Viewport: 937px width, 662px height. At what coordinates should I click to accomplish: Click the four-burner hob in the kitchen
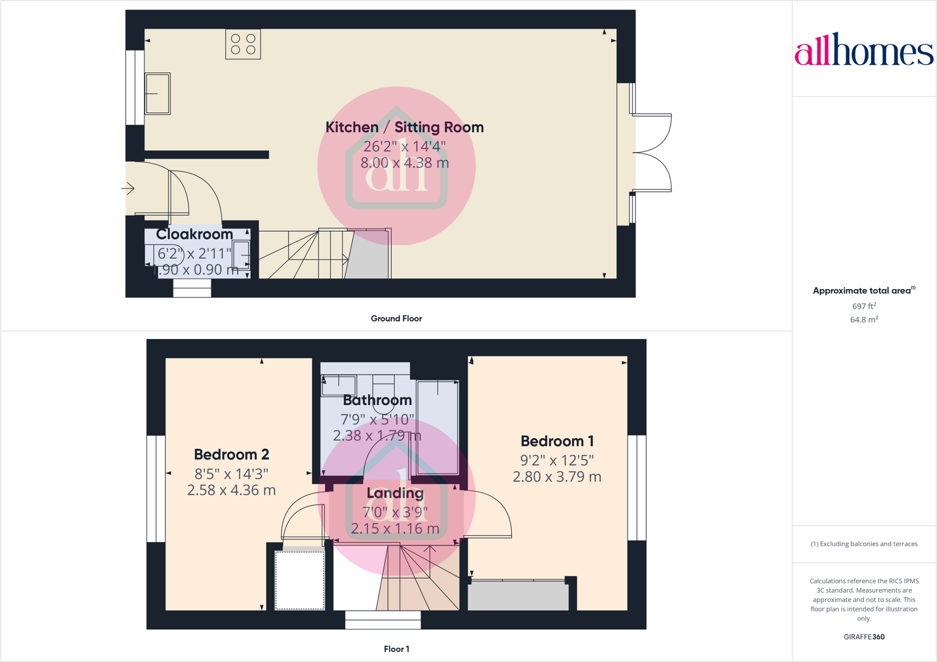(x=243, y=44)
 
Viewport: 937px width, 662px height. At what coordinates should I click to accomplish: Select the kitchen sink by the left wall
(x=158, y=93)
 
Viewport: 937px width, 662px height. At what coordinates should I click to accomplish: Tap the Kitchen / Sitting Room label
(x=405, y=127)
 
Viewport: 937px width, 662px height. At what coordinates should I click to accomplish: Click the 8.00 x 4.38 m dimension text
(x=405, y=163)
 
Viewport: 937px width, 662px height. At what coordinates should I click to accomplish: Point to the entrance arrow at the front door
(x=128, y=188)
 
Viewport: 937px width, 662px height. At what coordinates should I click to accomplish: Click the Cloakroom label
(x=195, y=235)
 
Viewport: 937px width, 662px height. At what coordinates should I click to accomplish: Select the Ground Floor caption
(x=396, y=319)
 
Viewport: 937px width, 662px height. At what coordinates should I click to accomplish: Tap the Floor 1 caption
(x=396, y=649)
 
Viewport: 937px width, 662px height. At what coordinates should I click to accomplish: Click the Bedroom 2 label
(x=232, y=455)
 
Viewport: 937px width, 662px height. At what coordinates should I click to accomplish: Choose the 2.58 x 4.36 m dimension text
(x=232, y=490)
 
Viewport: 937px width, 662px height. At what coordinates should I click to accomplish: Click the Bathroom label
(x=377, y=400)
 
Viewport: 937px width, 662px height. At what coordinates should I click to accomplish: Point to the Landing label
(x=395, y=493)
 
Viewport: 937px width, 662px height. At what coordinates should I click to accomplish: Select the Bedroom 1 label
(x=557, y=441)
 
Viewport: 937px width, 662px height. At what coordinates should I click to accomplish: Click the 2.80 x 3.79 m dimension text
(x=557, y=477)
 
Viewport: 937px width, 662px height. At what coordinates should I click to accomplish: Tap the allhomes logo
(x=863, y=50)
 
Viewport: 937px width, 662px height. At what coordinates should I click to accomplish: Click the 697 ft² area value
(x=863, y=306)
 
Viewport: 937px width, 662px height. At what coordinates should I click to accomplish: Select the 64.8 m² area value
(x=863, y=320)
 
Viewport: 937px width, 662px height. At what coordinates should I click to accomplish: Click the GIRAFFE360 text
(x=863, y=637)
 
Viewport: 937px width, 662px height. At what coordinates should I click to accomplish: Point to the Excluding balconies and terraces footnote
(x=863, y=544)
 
